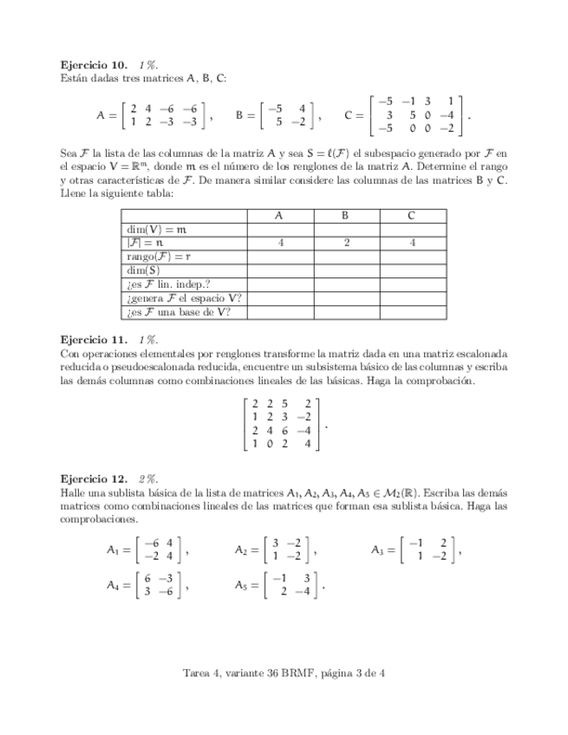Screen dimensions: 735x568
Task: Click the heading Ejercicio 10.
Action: (x=89, y=65)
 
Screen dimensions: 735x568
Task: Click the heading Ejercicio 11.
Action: (x=89, y=341)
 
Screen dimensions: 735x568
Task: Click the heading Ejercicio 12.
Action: (x=89, y=478)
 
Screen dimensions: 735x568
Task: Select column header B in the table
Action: (x=345, y=214)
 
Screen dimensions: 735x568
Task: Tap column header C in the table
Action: (x=411, y=214)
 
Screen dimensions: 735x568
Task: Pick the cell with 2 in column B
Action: (x=345, y=244)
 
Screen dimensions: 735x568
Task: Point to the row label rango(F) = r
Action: (x=159, y=257)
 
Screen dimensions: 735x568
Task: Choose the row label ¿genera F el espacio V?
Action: (x=183, y=299)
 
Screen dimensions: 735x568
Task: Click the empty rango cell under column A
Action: (x=280, y=257)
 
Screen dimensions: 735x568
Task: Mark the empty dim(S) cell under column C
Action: (x=411, y=271)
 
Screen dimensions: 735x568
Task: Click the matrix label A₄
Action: (x=113, y=586)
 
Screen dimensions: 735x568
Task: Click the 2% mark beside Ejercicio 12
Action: (x=147, y=478)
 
